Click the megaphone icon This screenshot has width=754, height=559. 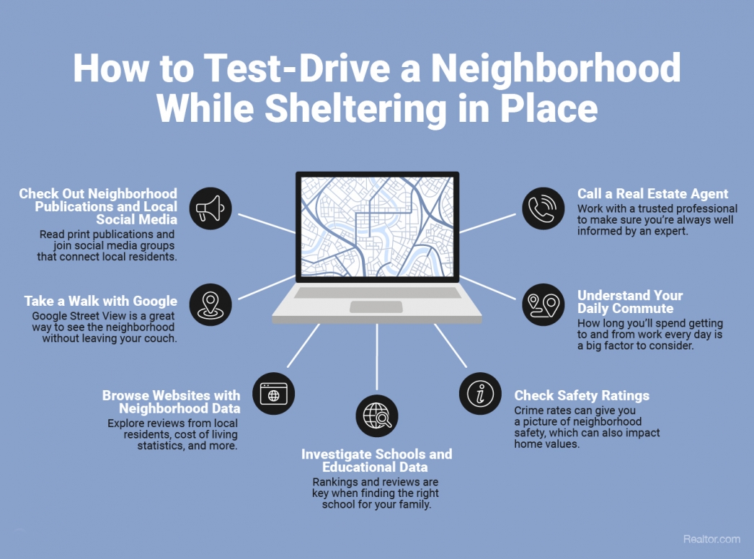click(210, 209)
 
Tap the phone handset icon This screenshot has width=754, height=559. click(543, 209)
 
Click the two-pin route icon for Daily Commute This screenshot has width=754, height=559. click(543, 304)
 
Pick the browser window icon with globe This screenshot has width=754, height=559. click(274, 394)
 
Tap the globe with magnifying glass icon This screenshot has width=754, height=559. click(377, 415)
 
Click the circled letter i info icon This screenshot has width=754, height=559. click(480, 394)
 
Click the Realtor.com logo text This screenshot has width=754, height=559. click(711, 539)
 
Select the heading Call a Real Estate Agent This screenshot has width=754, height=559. click(652, 194)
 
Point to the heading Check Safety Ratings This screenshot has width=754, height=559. click(581, 395)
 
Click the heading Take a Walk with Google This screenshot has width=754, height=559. click(101, 301)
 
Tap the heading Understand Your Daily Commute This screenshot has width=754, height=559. click(629, 302)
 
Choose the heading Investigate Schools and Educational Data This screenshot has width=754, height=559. click(376, 461)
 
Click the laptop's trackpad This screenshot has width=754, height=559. click(376, 307)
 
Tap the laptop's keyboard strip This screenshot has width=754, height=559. click(377, 293)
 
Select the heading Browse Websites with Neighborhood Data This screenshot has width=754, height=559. click(171, 402)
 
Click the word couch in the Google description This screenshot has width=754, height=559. click(161, 338)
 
